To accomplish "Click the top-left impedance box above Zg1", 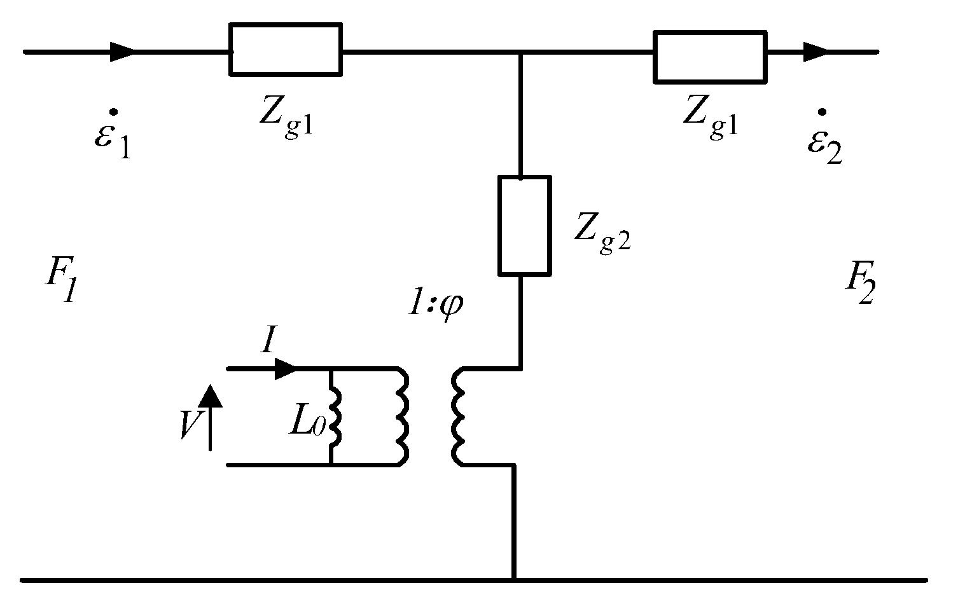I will pos(286,50).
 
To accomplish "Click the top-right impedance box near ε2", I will pos(710,57).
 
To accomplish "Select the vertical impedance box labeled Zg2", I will pos(524,226).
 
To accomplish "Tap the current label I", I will pos(267,343).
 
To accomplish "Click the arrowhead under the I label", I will pos(286,369).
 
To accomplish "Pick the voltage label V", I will pos(189,424).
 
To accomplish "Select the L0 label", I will pos(308,423).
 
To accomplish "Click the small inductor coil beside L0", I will pos(336,416).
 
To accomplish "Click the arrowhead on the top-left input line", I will pos(122,51).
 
